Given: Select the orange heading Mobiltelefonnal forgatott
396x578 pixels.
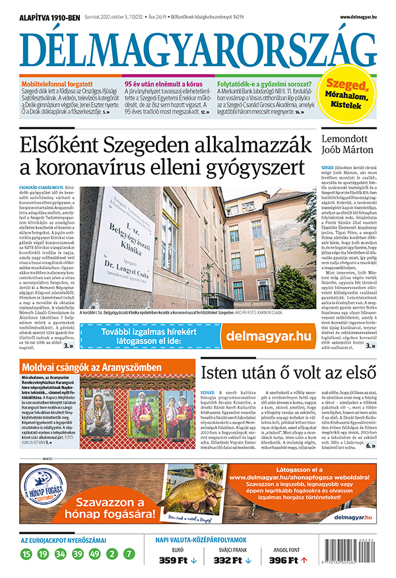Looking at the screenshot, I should (x=56, y=85).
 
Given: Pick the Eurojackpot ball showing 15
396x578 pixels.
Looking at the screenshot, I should (x=26, y=554).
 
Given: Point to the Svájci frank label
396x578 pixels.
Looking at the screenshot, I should (x=230, y=549).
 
